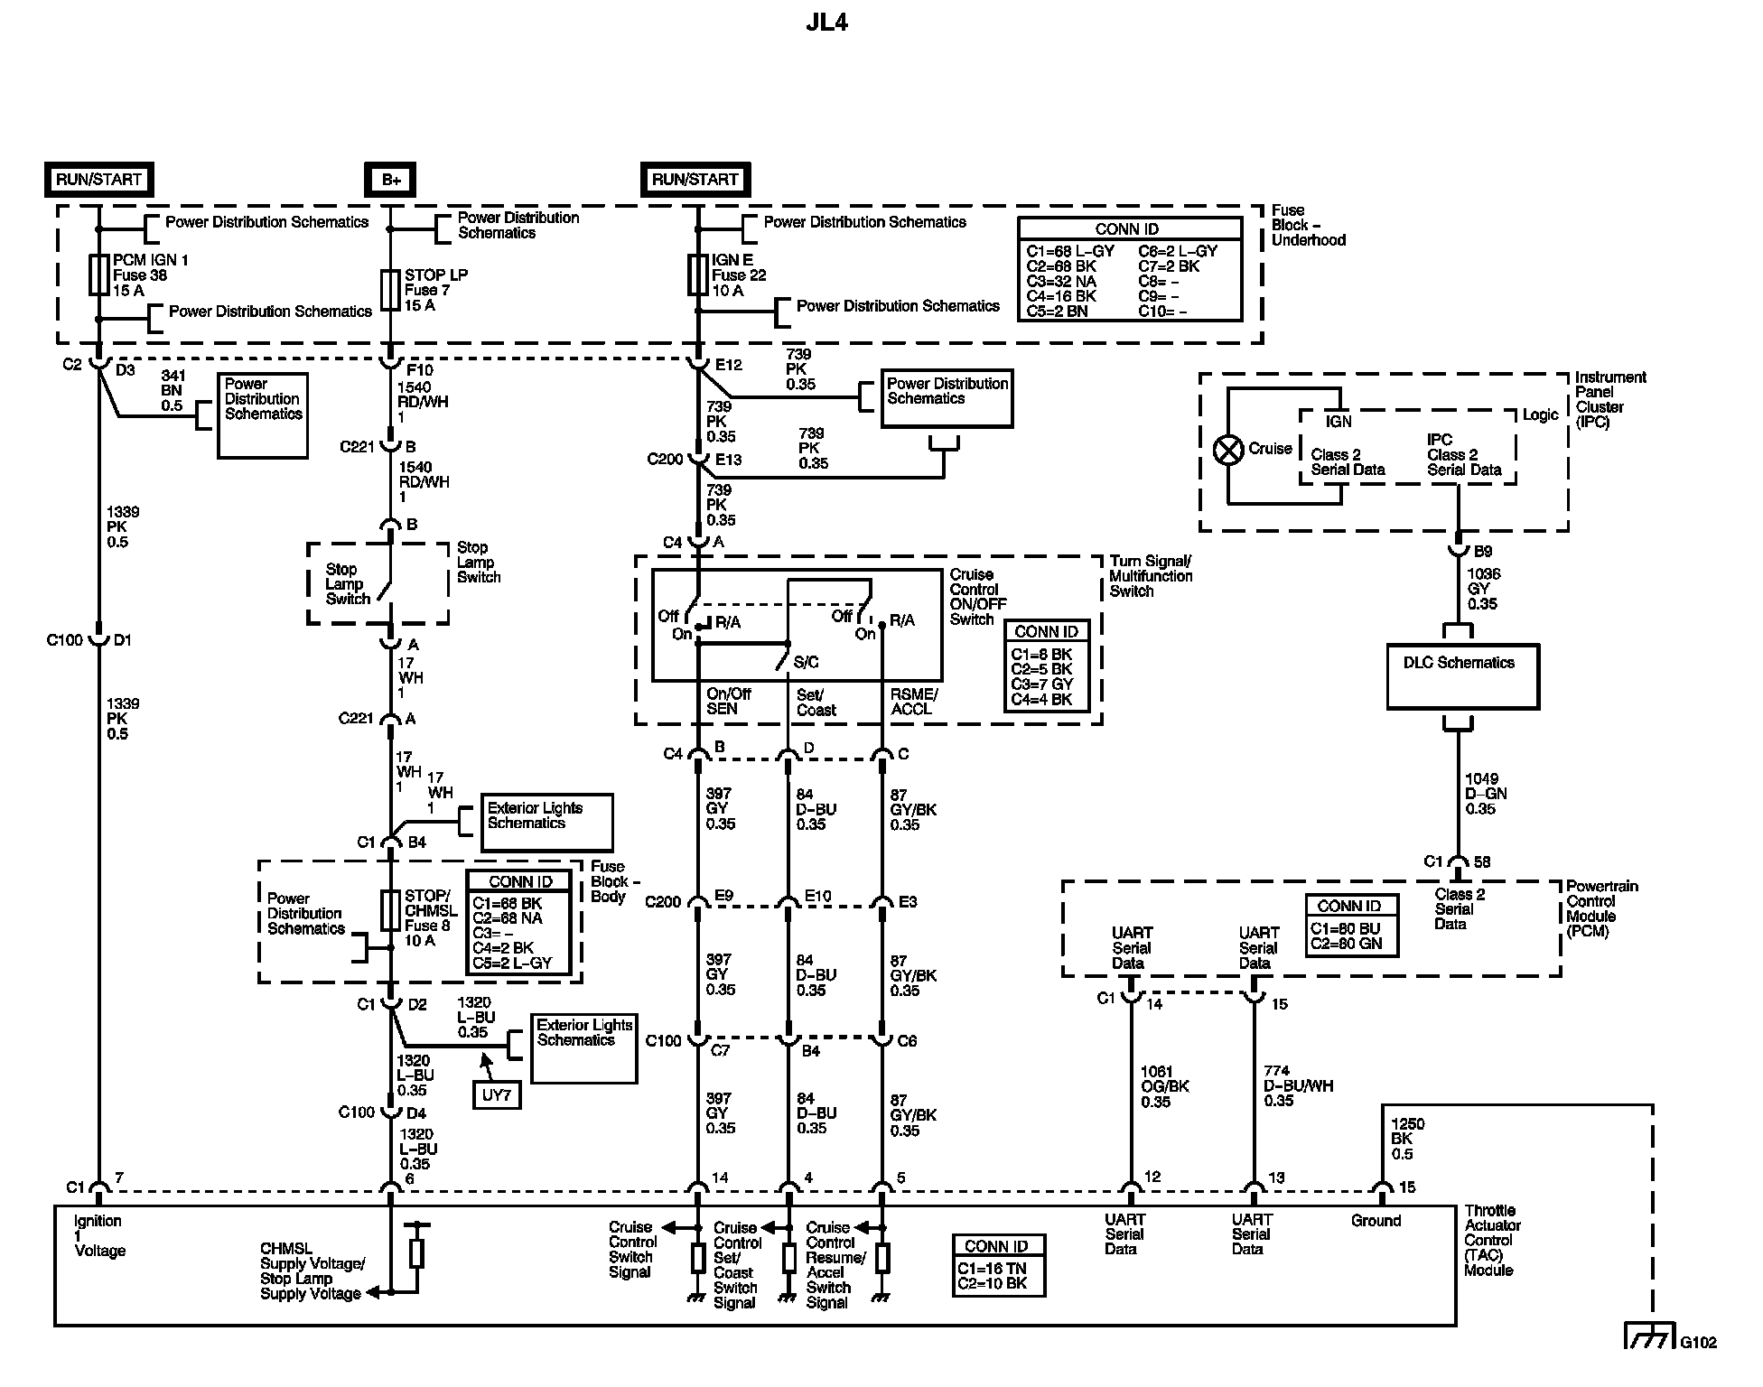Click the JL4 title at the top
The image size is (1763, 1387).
pyautogui.click(x=826, y=23)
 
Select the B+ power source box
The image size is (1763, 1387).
pyautogui.click(x=390, y=180)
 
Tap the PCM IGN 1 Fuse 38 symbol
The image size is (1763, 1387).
pyautogui.click(x=98, y=275)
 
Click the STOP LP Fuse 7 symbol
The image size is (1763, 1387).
pyautogui.click(x=390, y=290)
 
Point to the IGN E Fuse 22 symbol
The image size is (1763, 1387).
pyautogui.click(x=697, y=275)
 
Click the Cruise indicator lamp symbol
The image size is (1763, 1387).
pyautogui.click(x=1228, y=450)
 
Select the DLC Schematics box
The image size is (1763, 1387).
pyautogui.click(x=1462, y=675)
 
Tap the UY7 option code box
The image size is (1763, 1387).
pyautogui.click(x=497, y=1095)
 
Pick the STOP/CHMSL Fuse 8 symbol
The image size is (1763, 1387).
pyautogui.click(x=390, y=910)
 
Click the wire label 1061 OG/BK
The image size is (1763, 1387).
pyautogui.click(x=1164, y=1086)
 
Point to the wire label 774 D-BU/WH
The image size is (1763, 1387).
pyautogui.click(x=1298, y=1085)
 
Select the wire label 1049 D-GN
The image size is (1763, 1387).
pyautogui.click(x=1485, y=794)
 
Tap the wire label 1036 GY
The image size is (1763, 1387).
pyautogui.click(x=1482, y=589)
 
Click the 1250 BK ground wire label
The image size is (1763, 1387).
pyautogui.click(x=1407, y=1139)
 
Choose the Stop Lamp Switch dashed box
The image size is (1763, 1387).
pyautogui.click(x=378, y=583)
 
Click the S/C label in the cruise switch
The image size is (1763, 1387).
pyautogui.click(x=806, y=663)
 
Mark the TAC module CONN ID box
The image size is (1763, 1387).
pyautogui.click(x=998, y=1265)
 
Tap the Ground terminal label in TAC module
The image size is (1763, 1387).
pyautogui.click(x=1376, y=1221)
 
